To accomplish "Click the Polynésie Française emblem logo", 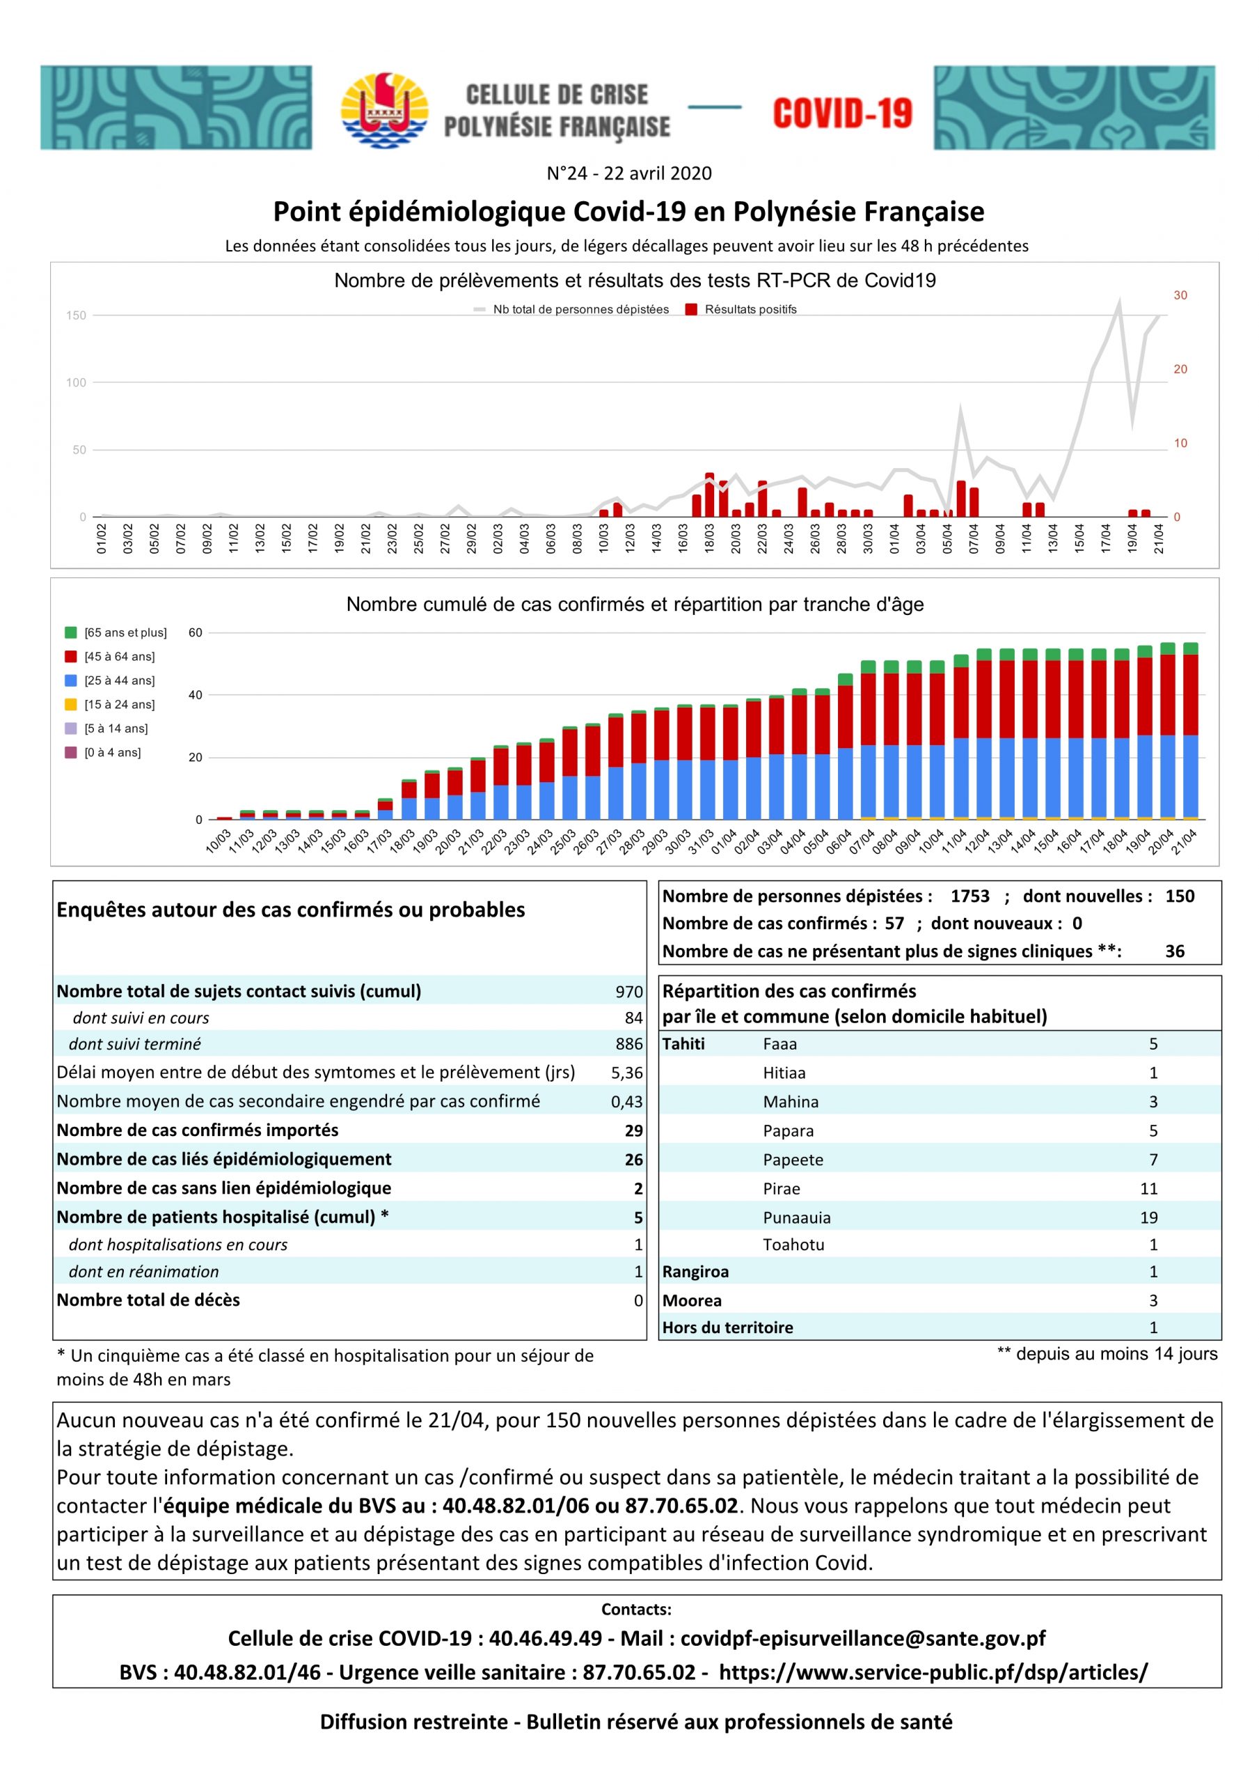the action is [385, 109].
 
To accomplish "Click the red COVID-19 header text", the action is [842, 114].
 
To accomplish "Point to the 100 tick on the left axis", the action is [76, 382].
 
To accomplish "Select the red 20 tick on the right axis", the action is [1180, 369].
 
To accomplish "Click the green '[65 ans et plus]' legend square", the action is [70, 632].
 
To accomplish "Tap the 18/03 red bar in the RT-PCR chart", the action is [709, 495].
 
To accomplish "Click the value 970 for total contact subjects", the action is [628, 992].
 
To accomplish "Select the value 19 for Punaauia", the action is [1149, 1217].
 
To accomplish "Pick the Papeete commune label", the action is [793, 1160].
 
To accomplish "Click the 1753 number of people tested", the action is [970, 896].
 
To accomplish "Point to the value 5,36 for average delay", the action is [627, 1073].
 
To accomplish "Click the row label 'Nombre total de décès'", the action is [148, 1300].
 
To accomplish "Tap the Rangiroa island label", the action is [695, 1272].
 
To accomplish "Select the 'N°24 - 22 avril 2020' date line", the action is [629, 173].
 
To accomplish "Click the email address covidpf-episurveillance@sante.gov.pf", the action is [862, 1639].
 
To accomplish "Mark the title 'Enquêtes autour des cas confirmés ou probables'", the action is [291, 910].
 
